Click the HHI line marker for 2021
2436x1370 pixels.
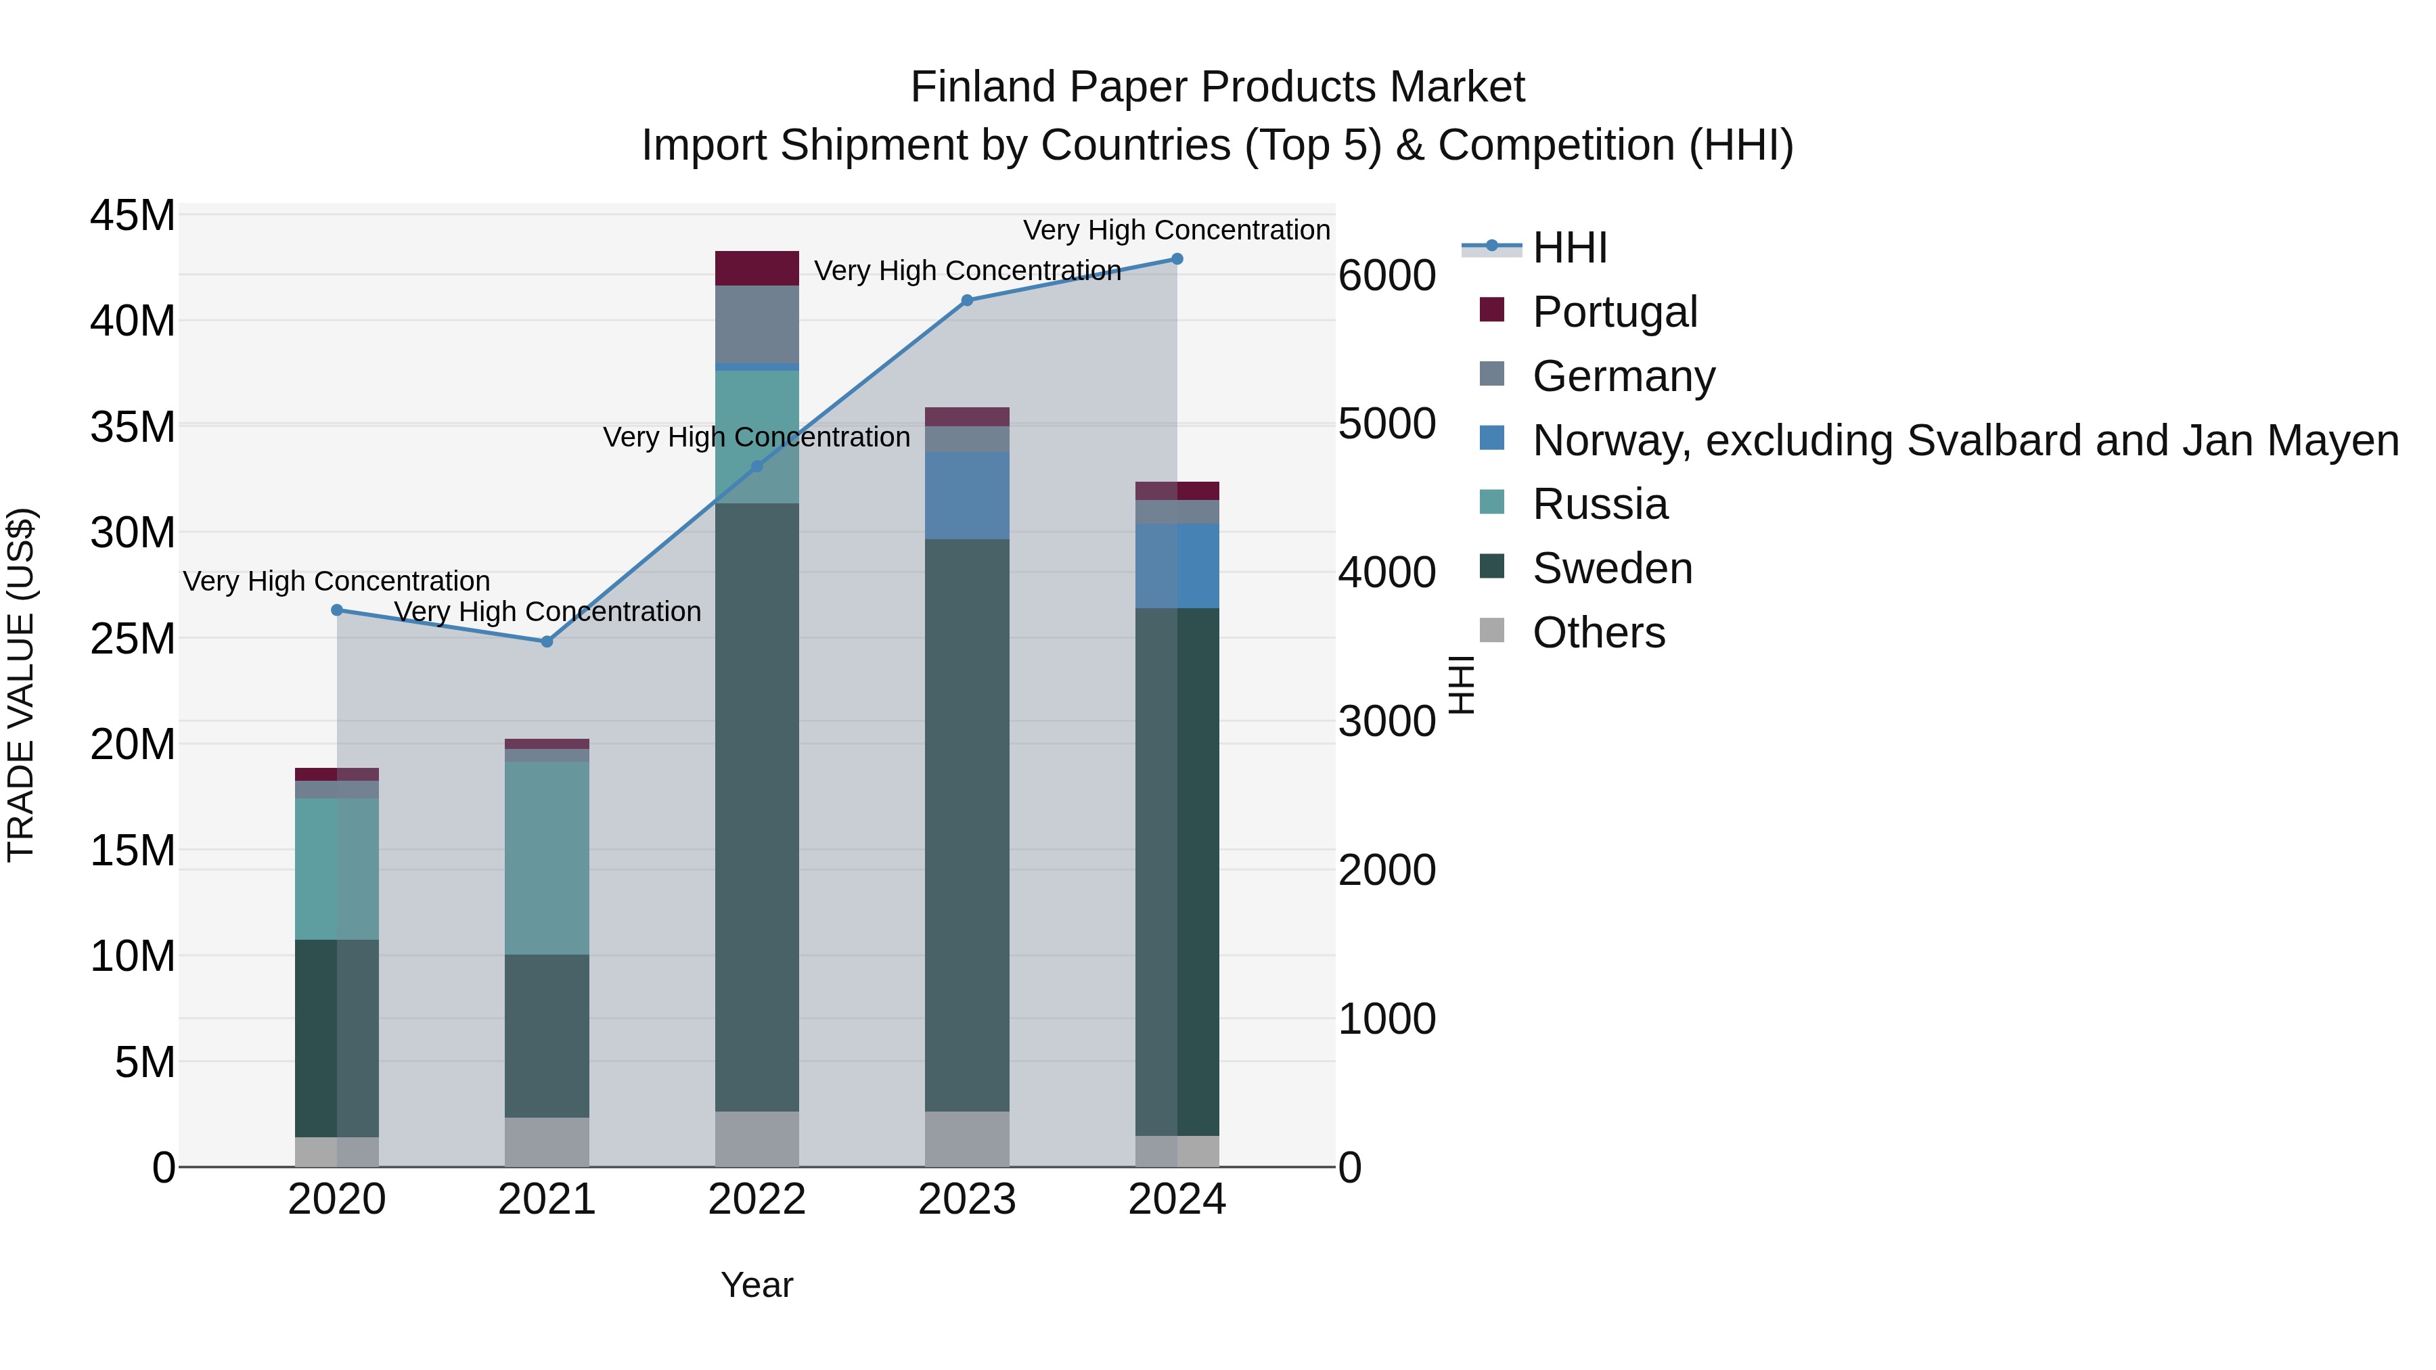coord(547,641)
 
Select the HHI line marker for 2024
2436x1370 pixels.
coord(1177,259)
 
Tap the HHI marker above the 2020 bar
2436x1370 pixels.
coord(337,610)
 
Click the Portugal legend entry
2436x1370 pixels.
coord(1615,312)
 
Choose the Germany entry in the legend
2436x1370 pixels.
coord(1623,376)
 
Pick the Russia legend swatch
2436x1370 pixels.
coord(1491,504)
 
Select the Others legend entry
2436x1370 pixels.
coord(1598,633)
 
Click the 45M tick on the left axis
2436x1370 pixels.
coord(133,216)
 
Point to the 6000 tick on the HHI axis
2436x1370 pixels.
coord(1386,275)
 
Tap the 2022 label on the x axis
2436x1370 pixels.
coord(757,1200)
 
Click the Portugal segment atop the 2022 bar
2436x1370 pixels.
coord(757,267)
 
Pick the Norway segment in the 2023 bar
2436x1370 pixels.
coord(966,495)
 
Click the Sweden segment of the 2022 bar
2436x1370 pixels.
coord(757,806)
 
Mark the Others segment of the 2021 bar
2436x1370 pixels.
coord(547,1141)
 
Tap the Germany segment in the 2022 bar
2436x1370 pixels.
coord(757,323)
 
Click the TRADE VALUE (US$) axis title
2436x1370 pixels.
coord(21,685)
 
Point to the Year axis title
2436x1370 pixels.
coord(757,1285)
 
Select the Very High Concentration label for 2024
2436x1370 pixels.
coord(1177,230)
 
